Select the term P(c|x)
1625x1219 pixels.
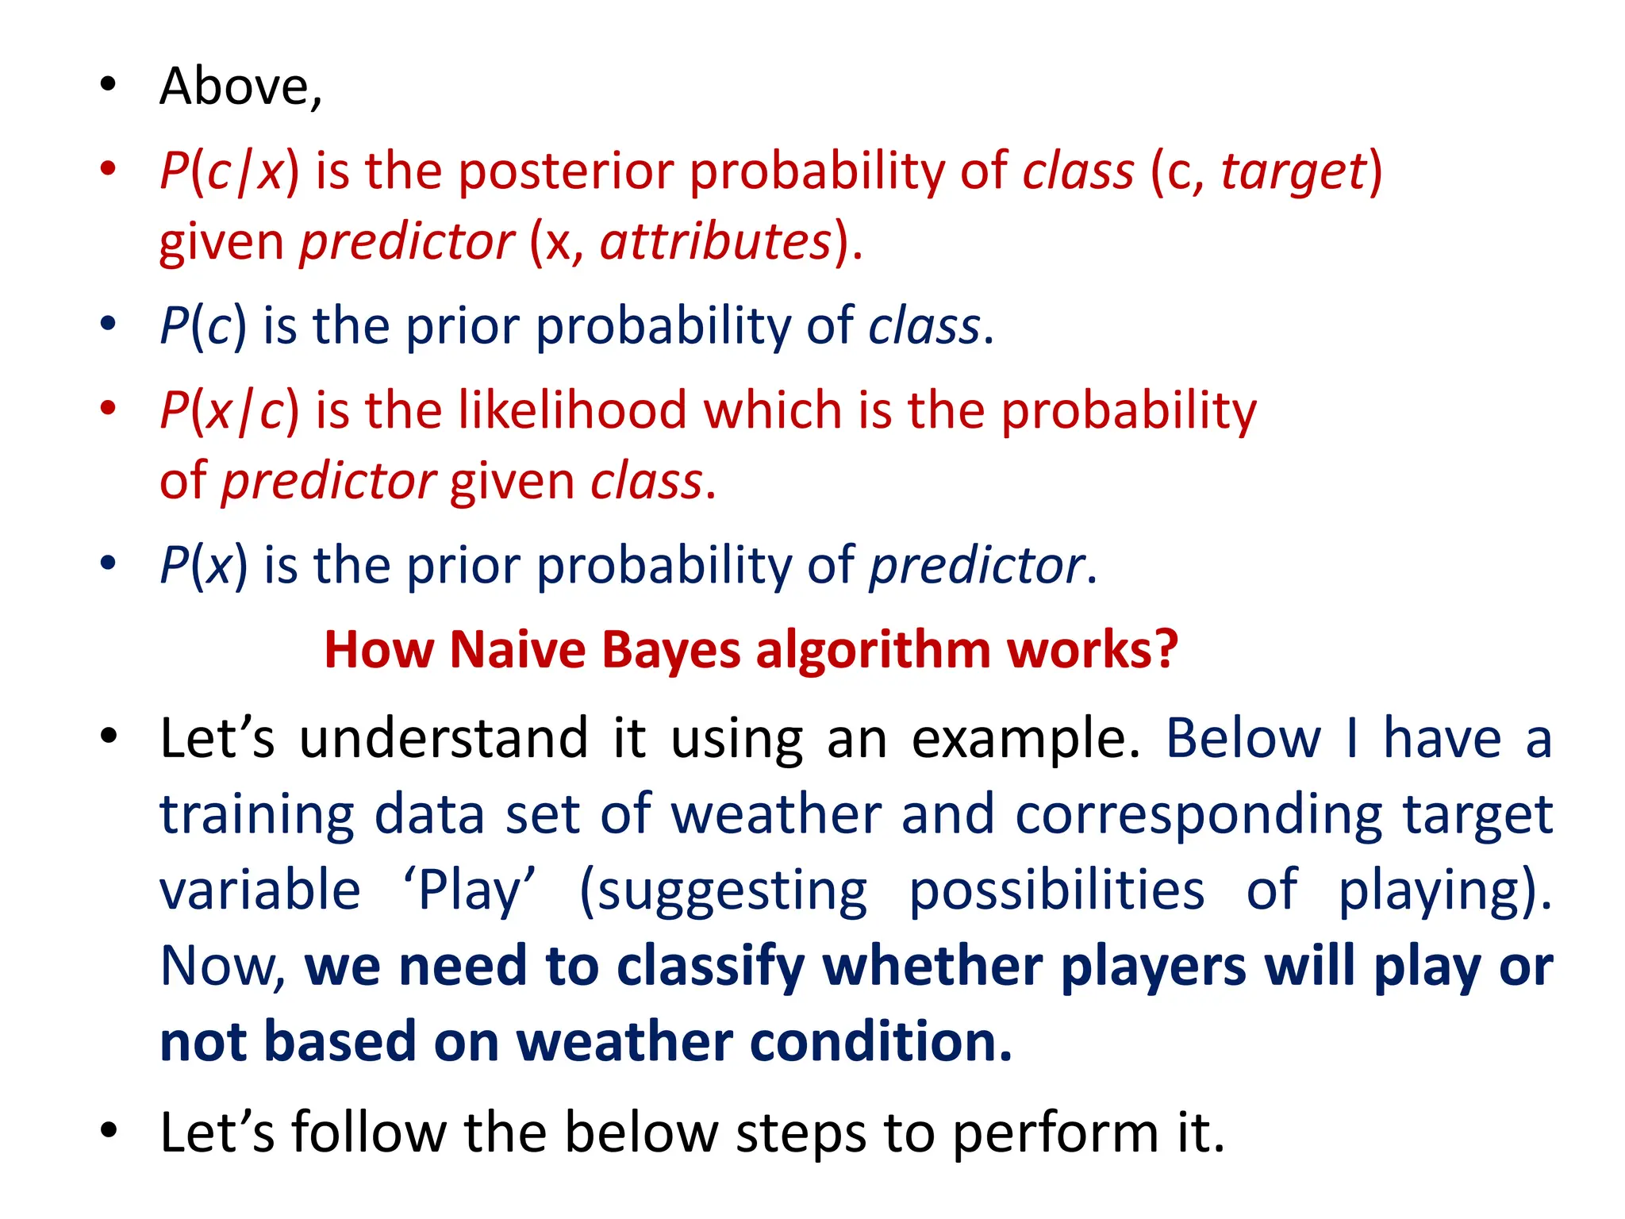[229, 171]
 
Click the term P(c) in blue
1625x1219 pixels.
[203, 325]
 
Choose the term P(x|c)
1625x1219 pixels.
[229, 410]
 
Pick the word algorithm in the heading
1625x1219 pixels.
[873, 650]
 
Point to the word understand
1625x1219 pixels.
[444, 738]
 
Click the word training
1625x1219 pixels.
[256, 815]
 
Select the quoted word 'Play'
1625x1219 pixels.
[469, 890]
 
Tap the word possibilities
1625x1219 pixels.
[1056, 890]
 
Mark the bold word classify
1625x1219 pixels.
[711, 967]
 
